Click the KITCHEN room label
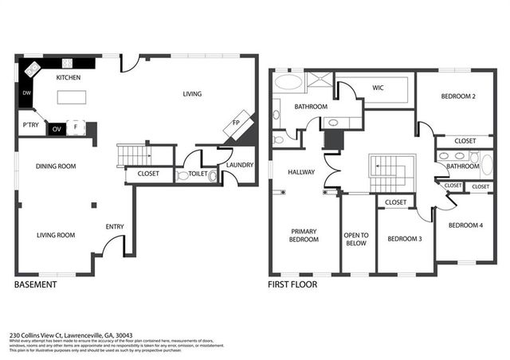[x=69, y=78]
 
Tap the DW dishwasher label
[x=26, y=94]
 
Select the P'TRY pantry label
[x=30, y=126]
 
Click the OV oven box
[x=57, y=128]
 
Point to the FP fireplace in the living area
[x=237, y=123]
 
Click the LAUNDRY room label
[x=239, y=165]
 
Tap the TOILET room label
[x=198, y=173]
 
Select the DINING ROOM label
[x=55, y=166]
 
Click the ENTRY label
[x=115, y=227]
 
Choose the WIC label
[x=379, y=88]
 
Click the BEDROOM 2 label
[x=458, y=96]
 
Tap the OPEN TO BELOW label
[x=358, y=239]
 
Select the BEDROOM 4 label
[x=465, y=225]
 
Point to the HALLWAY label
[x=301, y=172]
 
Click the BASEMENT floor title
[x=36, y=284]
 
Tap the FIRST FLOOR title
[x=293, y=284]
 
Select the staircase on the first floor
[x=389, y=170]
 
